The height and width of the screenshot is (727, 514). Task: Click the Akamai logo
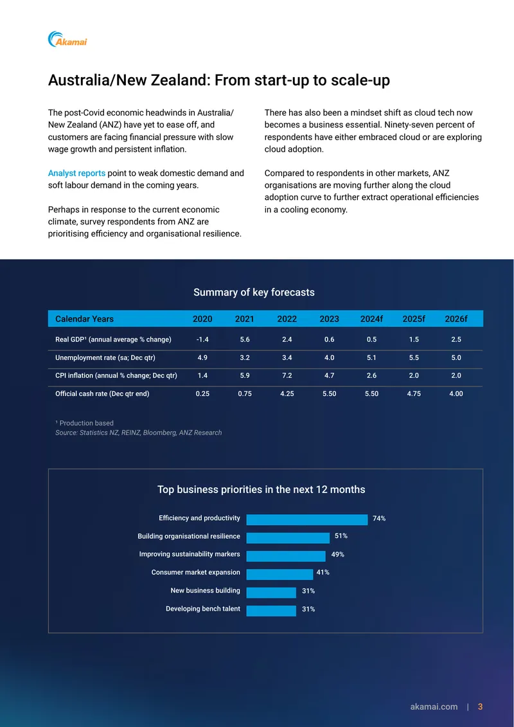[x=67, y=39]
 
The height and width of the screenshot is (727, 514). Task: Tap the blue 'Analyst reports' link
[x=76, y=174]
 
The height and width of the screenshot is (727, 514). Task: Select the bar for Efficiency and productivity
[x=307, y=519]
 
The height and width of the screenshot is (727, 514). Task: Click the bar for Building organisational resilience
[x=288, y=537]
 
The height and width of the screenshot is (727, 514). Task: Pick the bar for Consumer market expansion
[x=279, y=574]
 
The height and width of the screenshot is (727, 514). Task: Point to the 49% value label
[x=337, y=554]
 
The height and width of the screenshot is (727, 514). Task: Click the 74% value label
[x=379, y=518]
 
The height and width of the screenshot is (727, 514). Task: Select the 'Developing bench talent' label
[x=203, y=609]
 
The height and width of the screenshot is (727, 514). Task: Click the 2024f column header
[x=372, y=319]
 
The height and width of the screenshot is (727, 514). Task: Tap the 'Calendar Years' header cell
[x=84, y=319]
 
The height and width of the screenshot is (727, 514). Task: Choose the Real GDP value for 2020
[x=202, y=339]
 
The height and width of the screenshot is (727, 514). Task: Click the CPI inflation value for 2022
[x=287, y=375]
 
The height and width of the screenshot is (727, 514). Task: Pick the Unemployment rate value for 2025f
[x=414, y=358]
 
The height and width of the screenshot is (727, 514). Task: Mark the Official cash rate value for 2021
[x=245, y=393]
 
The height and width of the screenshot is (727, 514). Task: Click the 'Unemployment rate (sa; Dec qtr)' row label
[x=105, y=358]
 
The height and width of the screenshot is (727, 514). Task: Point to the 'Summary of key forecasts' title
[x=254, y=292]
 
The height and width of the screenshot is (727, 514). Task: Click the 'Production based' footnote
[x=84, y=423]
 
